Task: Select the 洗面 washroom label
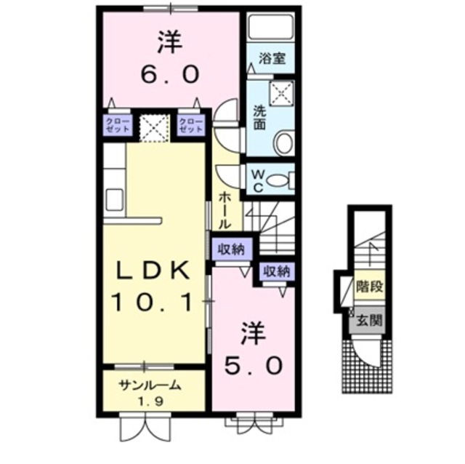click(x=259, y=119)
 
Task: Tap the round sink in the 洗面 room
click(x=284, y=142)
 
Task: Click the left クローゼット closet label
click(x=117, y=124)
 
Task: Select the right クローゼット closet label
click(x=190, y=124)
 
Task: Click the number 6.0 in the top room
click(x=169, y=73)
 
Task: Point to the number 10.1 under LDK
click(x=153, y=300)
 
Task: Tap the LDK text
click(x=153, y=270)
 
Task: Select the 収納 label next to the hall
click(x=232, y=249)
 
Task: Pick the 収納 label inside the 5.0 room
click(x=277, y=272)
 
